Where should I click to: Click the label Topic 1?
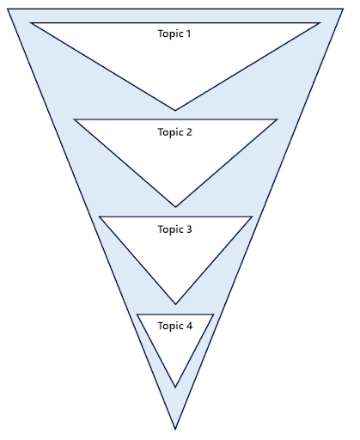[x=175, y=34]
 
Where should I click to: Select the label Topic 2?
[x=175, y=132]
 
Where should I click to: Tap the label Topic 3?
[x=175, y=229]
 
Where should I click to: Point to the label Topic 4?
[x=175, y=327]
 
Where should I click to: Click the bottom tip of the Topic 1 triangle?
[x=175, y=111]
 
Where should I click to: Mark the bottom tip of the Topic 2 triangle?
[x=175, y=207]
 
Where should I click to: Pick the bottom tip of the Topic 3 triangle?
[x=175, y=304]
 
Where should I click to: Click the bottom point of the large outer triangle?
[x=175, y=429]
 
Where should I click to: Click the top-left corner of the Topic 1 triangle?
[x=30, y=23]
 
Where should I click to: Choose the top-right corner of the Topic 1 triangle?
[x=320, y=23]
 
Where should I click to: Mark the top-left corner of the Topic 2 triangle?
[x=74, y=119]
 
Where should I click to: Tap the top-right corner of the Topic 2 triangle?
[x=278, y=119]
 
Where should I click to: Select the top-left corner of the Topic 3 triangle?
[x=99, y=217]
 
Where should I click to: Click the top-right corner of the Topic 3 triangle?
[x=252, y=217]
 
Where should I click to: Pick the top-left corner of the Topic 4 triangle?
[x=137, y=315]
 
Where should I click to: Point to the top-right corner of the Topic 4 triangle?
[x=213, y=315]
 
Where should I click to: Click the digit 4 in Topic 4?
[x=189, y=327]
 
